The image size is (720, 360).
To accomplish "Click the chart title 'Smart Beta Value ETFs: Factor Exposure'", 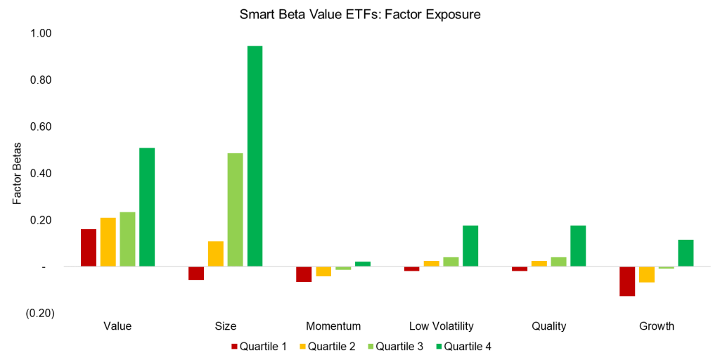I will click(x=359, y=15).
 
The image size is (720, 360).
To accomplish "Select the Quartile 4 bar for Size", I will click(x=255, y=156).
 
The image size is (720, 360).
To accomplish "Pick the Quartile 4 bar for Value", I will click(x=147, y=207).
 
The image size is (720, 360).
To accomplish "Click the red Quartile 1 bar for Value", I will click(x=89, y=247).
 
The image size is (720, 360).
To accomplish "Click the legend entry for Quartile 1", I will click(x=258, y=346).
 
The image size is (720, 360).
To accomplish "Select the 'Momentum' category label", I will click(x=333, y=326).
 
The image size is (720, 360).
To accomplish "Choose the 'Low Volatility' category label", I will click(x=442, y=326).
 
